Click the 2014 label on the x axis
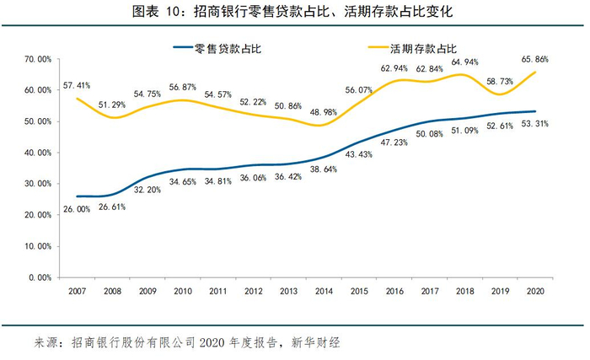click(x=324, y=291)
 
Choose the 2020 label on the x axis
click(x=534, y=291)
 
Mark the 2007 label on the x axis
click(x=78, y=291)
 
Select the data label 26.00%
click(x=77, y=209)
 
